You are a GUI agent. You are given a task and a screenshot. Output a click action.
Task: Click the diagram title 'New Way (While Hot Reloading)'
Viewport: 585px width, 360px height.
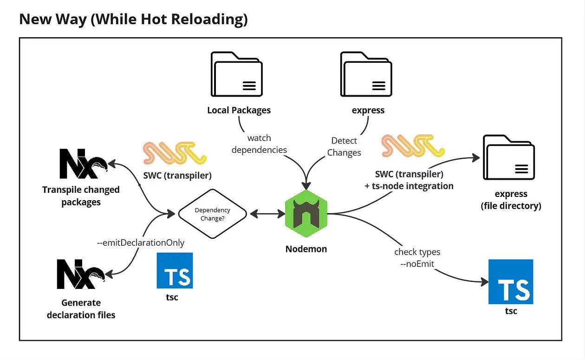(x=133, y=19)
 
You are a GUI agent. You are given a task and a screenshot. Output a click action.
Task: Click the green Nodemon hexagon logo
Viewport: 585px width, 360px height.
(x=306, y=214)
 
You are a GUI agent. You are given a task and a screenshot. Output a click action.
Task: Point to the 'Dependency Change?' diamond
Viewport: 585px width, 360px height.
(x=212, y=214)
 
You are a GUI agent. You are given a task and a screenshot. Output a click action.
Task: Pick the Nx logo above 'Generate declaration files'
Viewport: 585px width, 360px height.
(x=81, y=275)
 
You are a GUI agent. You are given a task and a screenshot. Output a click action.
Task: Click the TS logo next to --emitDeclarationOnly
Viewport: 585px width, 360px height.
(x=175, y=271)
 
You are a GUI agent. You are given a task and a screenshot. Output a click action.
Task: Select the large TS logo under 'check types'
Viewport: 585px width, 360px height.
(x=511, y=282)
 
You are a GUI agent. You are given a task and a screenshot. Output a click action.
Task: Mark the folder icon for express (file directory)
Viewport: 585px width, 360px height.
(x=508, y=157)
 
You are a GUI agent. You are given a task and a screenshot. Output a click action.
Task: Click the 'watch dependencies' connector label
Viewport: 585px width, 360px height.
(x=259, y=144)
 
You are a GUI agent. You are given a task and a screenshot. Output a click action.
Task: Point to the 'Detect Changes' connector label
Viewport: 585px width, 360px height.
(x=344, y=146)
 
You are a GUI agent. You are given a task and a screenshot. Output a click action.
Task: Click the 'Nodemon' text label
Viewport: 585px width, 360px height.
(x=306, y=249)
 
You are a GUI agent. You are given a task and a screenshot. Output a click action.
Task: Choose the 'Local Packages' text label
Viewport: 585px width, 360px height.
(x=239, y=110)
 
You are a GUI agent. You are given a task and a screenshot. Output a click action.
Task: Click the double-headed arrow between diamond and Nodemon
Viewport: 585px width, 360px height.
(x=268, y=214)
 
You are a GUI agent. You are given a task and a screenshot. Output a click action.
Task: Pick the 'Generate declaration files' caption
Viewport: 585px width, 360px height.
(x=81, y=309)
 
